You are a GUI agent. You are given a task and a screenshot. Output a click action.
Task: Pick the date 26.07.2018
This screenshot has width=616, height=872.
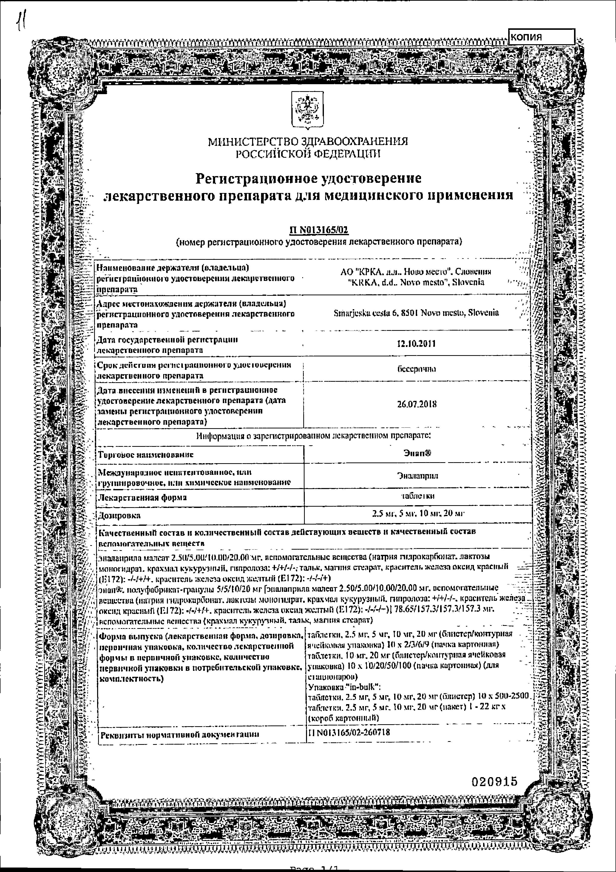[x=417, y=404]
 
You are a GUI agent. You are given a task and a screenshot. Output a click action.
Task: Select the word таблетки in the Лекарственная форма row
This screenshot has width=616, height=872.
[x=417, y=496]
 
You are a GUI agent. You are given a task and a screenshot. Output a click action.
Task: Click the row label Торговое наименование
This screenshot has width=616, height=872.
[x=146, y=455]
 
